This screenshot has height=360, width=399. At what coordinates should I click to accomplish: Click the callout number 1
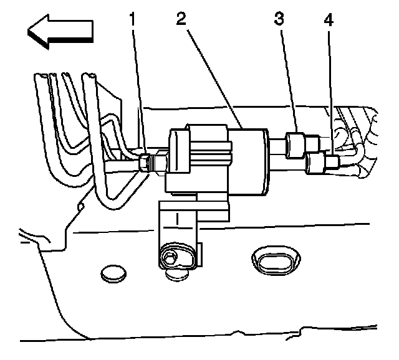[x=132, y=19]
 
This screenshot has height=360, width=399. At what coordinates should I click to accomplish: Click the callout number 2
[x=181, y=19]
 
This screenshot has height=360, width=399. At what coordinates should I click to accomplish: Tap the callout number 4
[x=329, y=19]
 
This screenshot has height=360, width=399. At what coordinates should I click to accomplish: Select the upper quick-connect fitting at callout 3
[x=296, y=144]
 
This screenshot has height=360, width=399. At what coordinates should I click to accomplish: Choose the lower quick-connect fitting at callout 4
[x=319, y=163]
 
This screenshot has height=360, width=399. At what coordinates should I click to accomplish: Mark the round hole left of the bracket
[x=113, y=272]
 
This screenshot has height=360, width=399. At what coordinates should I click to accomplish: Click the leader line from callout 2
[x=212, y=75]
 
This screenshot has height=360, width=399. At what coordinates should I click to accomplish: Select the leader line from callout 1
[x=139, y=87]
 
